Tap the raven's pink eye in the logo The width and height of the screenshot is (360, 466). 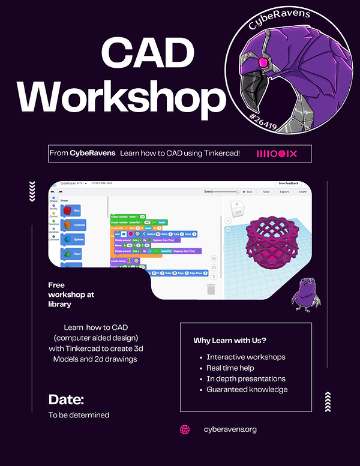[x=262, y=62]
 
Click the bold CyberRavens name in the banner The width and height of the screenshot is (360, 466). [x=92, y=154]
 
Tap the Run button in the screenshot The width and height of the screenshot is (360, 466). [x=247, y=192]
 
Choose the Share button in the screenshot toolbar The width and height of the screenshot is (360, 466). [x=302, y=192]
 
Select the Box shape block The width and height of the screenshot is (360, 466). [x=73, y=211]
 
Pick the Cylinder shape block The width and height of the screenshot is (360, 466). [x=74, y=224]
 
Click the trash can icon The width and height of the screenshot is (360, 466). [x=211, y=289]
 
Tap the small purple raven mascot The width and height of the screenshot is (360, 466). [x=306, y=292]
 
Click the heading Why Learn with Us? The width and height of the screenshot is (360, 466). [x=230, y=341]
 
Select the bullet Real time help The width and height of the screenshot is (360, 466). [x=231, y=368]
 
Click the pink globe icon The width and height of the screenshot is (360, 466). [x=185, y=429]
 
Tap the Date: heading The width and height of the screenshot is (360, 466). [x=66, y=399]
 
